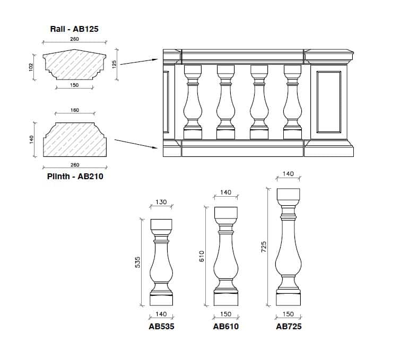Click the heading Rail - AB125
[74, 29]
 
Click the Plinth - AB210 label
[75, 176]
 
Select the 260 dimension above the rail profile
[74, 39]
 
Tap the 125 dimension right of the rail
[115, 64]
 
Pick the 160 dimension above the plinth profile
[75, 110]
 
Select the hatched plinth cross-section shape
[74, 141]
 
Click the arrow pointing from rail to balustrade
[140, 60]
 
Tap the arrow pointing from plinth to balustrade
[137, 143]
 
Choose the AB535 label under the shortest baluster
[161, 326]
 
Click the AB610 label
[226, 326]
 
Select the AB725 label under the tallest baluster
[289, 326]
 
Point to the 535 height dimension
[137, 262]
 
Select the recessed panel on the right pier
[328, 101]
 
